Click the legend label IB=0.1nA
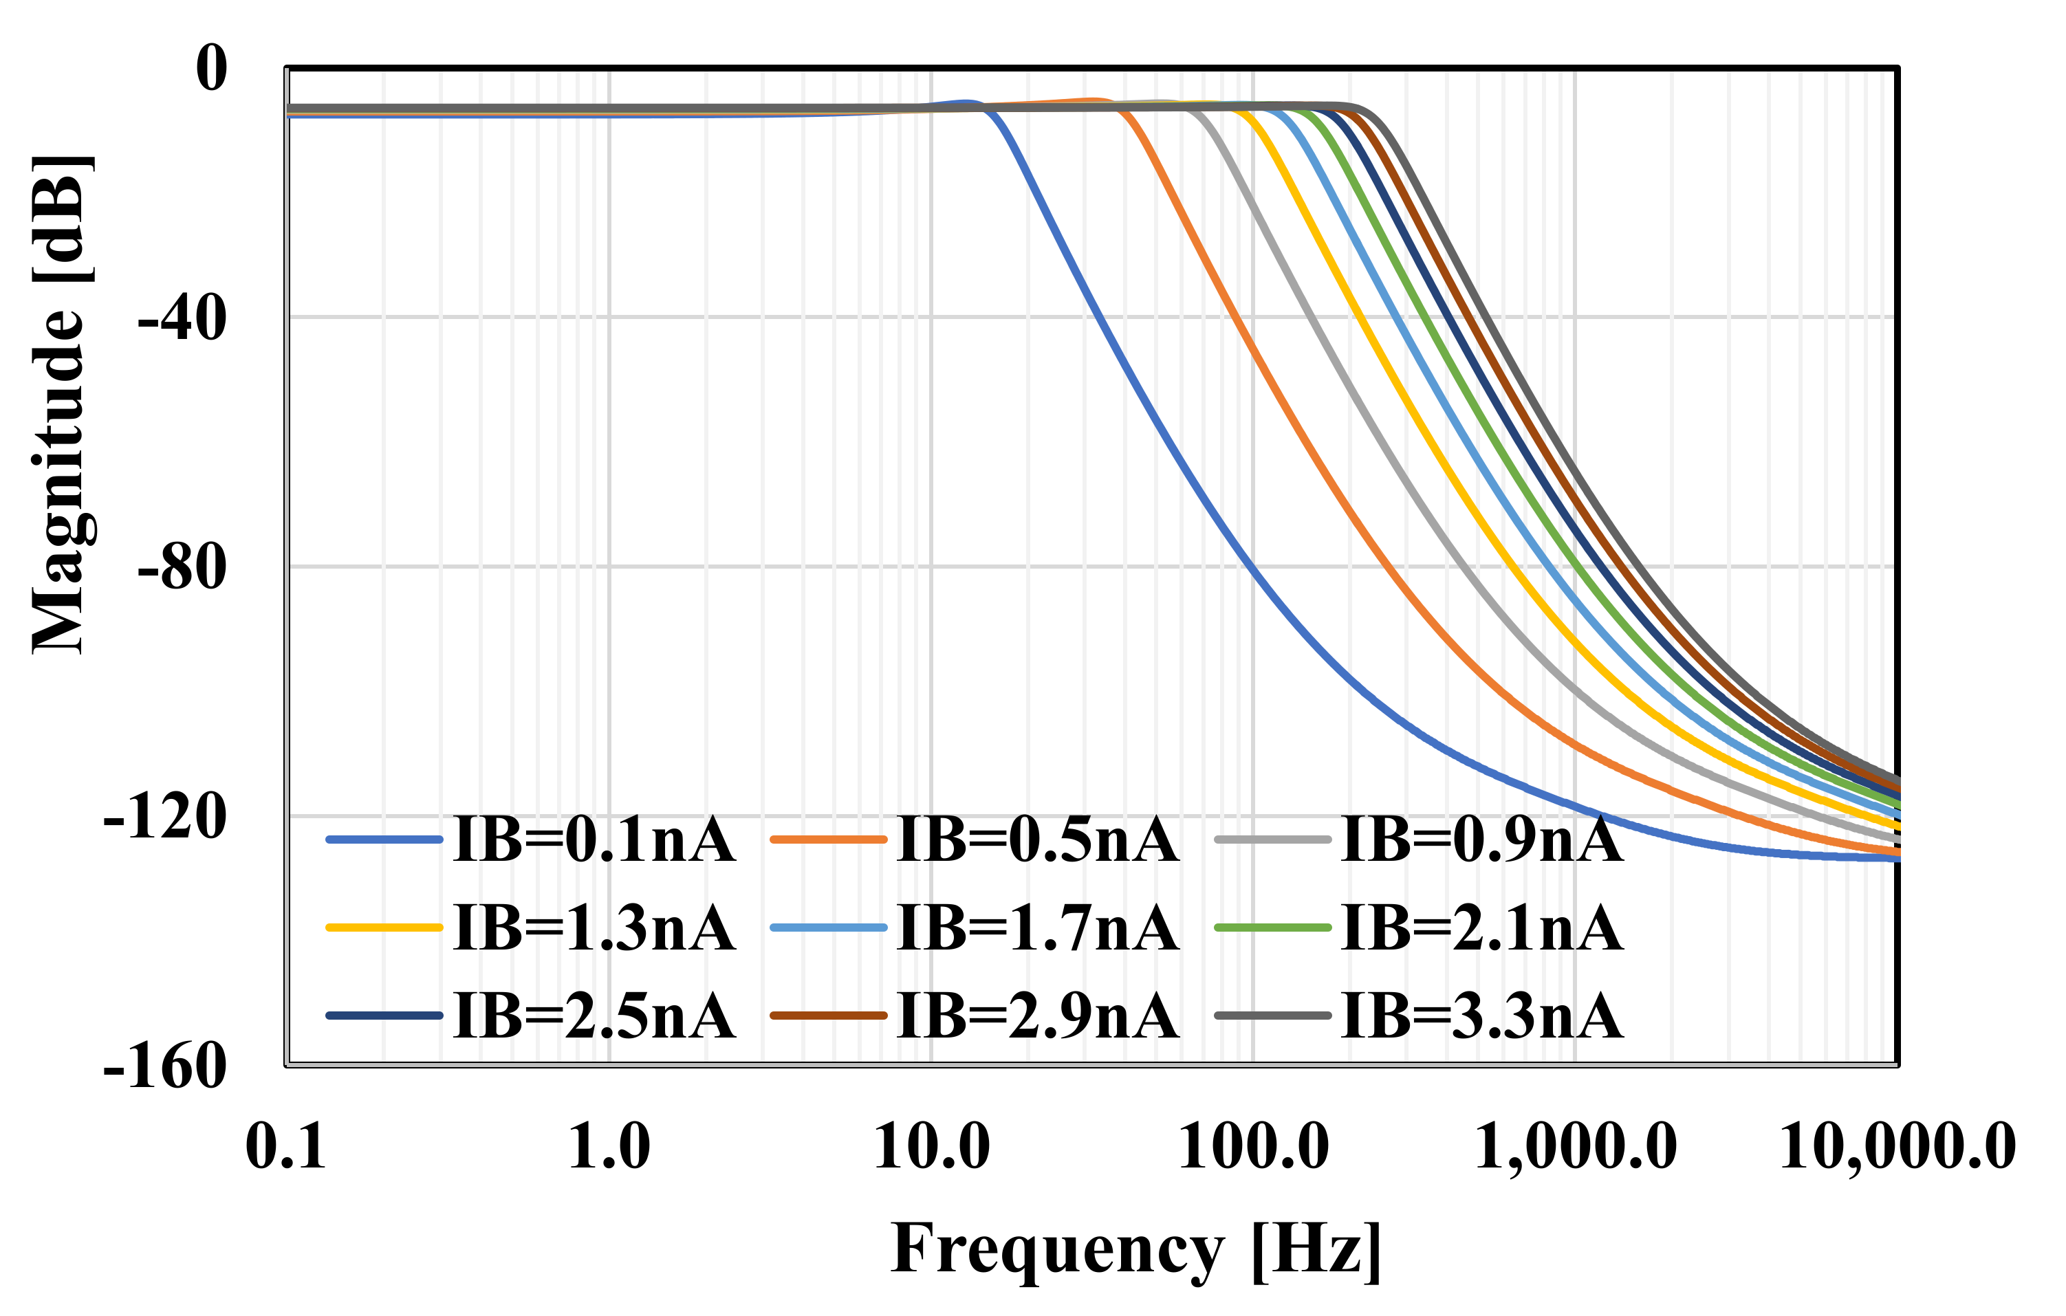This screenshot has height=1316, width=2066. coord(594,840)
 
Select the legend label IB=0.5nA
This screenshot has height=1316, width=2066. coord(1037,840)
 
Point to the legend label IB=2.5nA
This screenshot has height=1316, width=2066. coord(594,1017)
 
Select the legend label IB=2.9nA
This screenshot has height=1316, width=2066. coord(1037,1017)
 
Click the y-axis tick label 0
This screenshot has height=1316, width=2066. coord(212,68)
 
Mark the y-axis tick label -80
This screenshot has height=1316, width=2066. coord(182,568)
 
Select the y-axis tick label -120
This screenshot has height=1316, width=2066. coord(165,818)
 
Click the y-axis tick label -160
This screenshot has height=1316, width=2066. coord(165,1067)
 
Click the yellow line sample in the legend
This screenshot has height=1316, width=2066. coord(384,928)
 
